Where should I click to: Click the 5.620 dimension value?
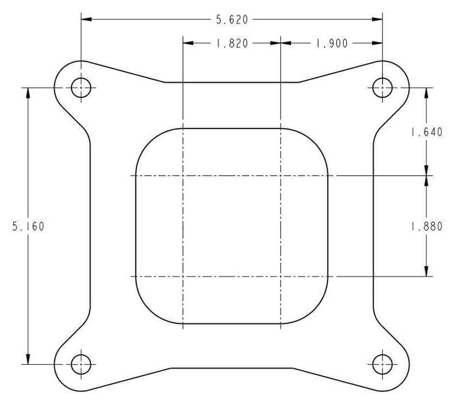232,20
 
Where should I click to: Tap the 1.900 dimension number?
332,43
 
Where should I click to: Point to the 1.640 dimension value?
426,132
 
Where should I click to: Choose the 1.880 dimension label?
426,227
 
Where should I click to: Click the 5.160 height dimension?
28,227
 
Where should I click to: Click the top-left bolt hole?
81,88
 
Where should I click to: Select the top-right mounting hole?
383,88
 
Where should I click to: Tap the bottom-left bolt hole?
81,364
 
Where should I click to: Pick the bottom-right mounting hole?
383,364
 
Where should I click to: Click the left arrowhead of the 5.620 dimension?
86,20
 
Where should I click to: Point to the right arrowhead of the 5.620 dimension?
377,20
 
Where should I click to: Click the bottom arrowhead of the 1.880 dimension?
426,271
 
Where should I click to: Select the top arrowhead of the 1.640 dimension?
426,93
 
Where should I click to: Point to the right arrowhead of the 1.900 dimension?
377,43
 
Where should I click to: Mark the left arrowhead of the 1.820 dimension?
188,43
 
